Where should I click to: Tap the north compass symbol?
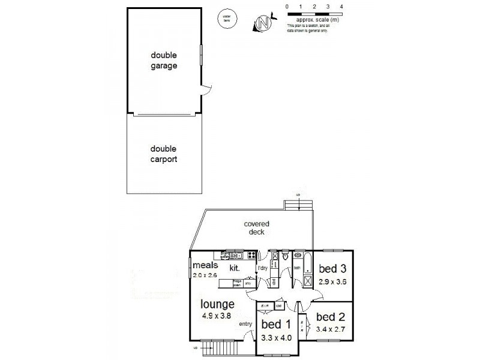(x=262, y=23)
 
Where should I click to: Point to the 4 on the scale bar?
(x=341, y=6)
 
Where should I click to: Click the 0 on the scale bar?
(x=287, y=6)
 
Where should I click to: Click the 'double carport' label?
(x=164, y=155)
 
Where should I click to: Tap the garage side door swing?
(x=206, y=90)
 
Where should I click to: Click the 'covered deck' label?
(x=256, y=227)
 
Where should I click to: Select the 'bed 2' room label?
(x=329, y=316)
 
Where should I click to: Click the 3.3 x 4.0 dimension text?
(x=276, y=338)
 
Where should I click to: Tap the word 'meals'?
(x=205, y=265)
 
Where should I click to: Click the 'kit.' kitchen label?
(x=235, y=270)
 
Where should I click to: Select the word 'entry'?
(x=245, y=324)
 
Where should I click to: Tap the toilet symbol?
(x=286, y=257)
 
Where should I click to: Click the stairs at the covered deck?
(x=299, y=206)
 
